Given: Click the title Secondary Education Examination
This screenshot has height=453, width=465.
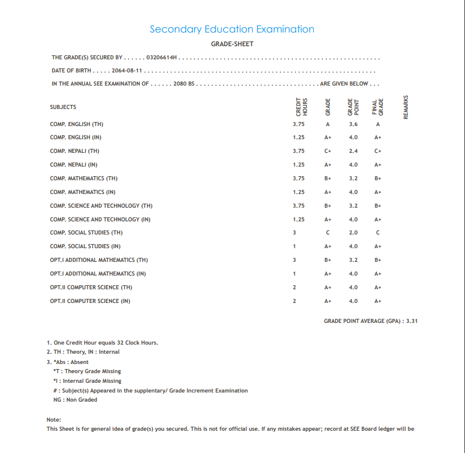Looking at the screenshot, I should click(232, 29).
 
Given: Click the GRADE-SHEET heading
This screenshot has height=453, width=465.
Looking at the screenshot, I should click(232, 44).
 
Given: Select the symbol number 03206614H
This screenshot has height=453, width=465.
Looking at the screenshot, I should click(163, 58).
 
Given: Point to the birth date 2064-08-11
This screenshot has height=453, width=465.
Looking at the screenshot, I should click(127, 71).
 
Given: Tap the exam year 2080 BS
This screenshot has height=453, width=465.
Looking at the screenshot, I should click(184, 84).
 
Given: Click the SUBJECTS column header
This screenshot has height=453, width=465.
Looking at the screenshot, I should click(63, 107).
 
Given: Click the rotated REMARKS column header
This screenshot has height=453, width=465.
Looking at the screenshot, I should click(406, 107).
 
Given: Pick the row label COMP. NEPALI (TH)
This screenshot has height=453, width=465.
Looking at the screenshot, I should click(75, 151).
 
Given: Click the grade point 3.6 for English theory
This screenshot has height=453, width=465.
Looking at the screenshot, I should click(353, 124).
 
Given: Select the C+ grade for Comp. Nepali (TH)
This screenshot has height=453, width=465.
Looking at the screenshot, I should click(328, 151).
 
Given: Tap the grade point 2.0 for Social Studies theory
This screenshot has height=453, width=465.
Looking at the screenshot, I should click(353, 233).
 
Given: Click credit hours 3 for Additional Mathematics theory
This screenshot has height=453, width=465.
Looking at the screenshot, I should click(294, 260).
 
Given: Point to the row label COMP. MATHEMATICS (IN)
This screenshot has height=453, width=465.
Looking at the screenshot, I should click(83, 192).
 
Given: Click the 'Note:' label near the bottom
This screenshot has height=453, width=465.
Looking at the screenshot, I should click(54, 420).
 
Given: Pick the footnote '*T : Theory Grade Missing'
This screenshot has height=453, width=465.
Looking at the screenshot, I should click(87, 371).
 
